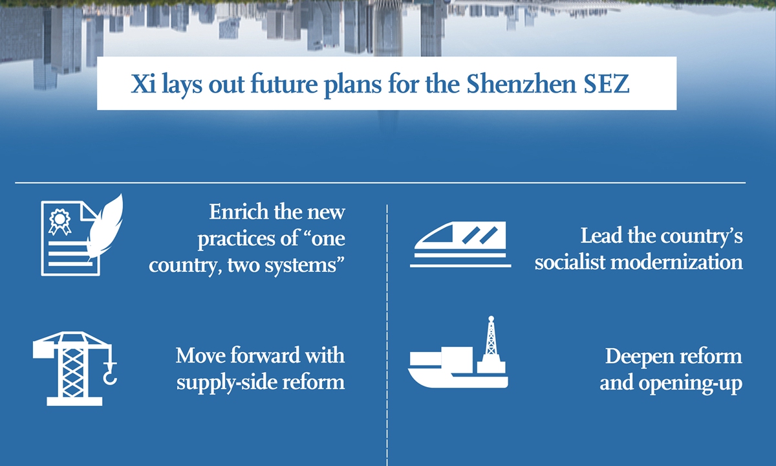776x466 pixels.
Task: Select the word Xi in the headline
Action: pos(143,84)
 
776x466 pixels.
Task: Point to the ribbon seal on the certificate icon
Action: pos(59,221)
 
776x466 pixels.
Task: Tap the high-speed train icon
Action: pos(460,245)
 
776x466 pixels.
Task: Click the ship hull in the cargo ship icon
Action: pos(458,379)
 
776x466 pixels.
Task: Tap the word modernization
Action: pos(676,262)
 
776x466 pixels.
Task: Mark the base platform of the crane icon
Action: pos(74,401)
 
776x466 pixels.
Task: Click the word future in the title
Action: pos(284,84)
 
